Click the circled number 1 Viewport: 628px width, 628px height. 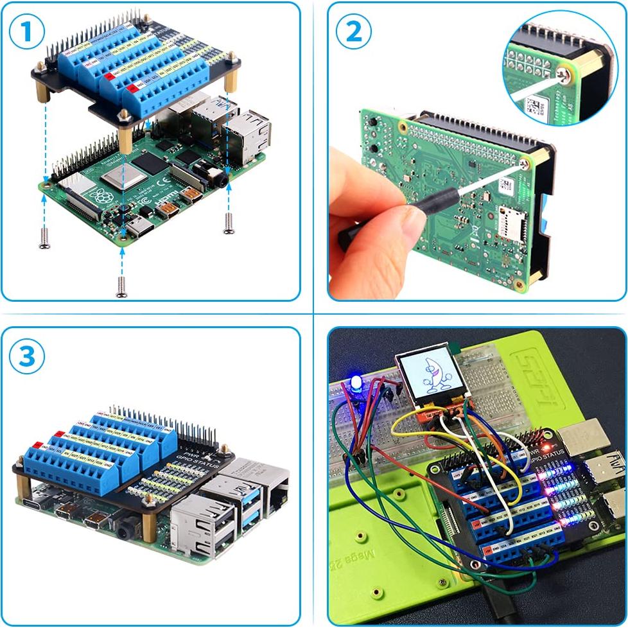pyautogui.click(x=28, y=33)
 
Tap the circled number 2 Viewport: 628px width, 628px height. pyautogui.click(x=354, y=33)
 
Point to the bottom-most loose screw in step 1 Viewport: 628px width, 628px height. pyautogui.click(x=121, y=285)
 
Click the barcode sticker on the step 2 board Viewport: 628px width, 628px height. pyautogui.click(x=507, y=186)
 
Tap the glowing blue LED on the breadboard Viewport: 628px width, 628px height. pyautogui.click(x=355, y=385)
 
